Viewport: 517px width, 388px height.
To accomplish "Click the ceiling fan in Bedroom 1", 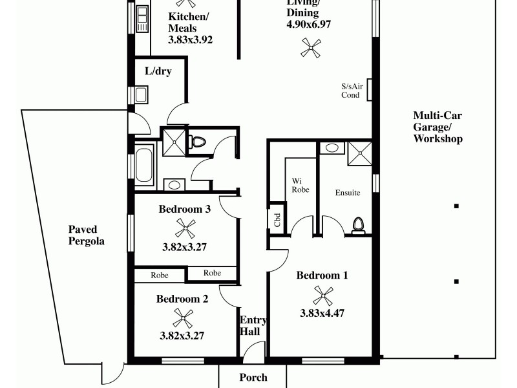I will click(x=322, y=296).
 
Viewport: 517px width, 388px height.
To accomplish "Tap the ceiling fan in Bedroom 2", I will click(x=184, y=318).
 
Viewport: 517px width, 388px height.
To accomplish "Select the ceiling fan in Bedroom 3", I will click(x=185, y=228).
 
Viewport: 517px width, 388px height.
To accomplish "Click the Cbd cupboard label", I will click(x=277, y=219).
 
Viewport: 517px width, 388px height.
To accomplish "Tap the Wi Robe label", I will click(x=300, y=185).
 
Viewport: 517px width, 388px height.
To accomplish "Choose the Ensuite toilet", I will click(x=358, y=224).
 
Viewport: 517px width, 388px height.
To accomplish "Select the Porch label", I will click(x=253, y=378).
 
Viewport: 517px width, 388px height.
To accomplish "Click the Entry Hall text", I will click(x=250, y=326).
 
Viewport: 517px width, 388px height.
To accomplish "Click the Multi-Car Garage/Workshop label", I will click(x=438, y=127).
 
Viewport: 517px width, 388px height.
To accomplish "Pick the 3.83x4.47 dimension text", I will click(x=322, y=314).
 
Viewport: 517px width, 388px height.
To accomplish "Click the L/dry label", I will click(x=158, y=71).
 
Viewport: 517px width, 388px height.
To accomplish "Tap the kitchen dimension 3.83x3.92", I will click(x=191, y=39).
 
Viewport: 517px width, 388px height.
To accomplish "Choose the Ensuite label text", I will click(x=348, y=193).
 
